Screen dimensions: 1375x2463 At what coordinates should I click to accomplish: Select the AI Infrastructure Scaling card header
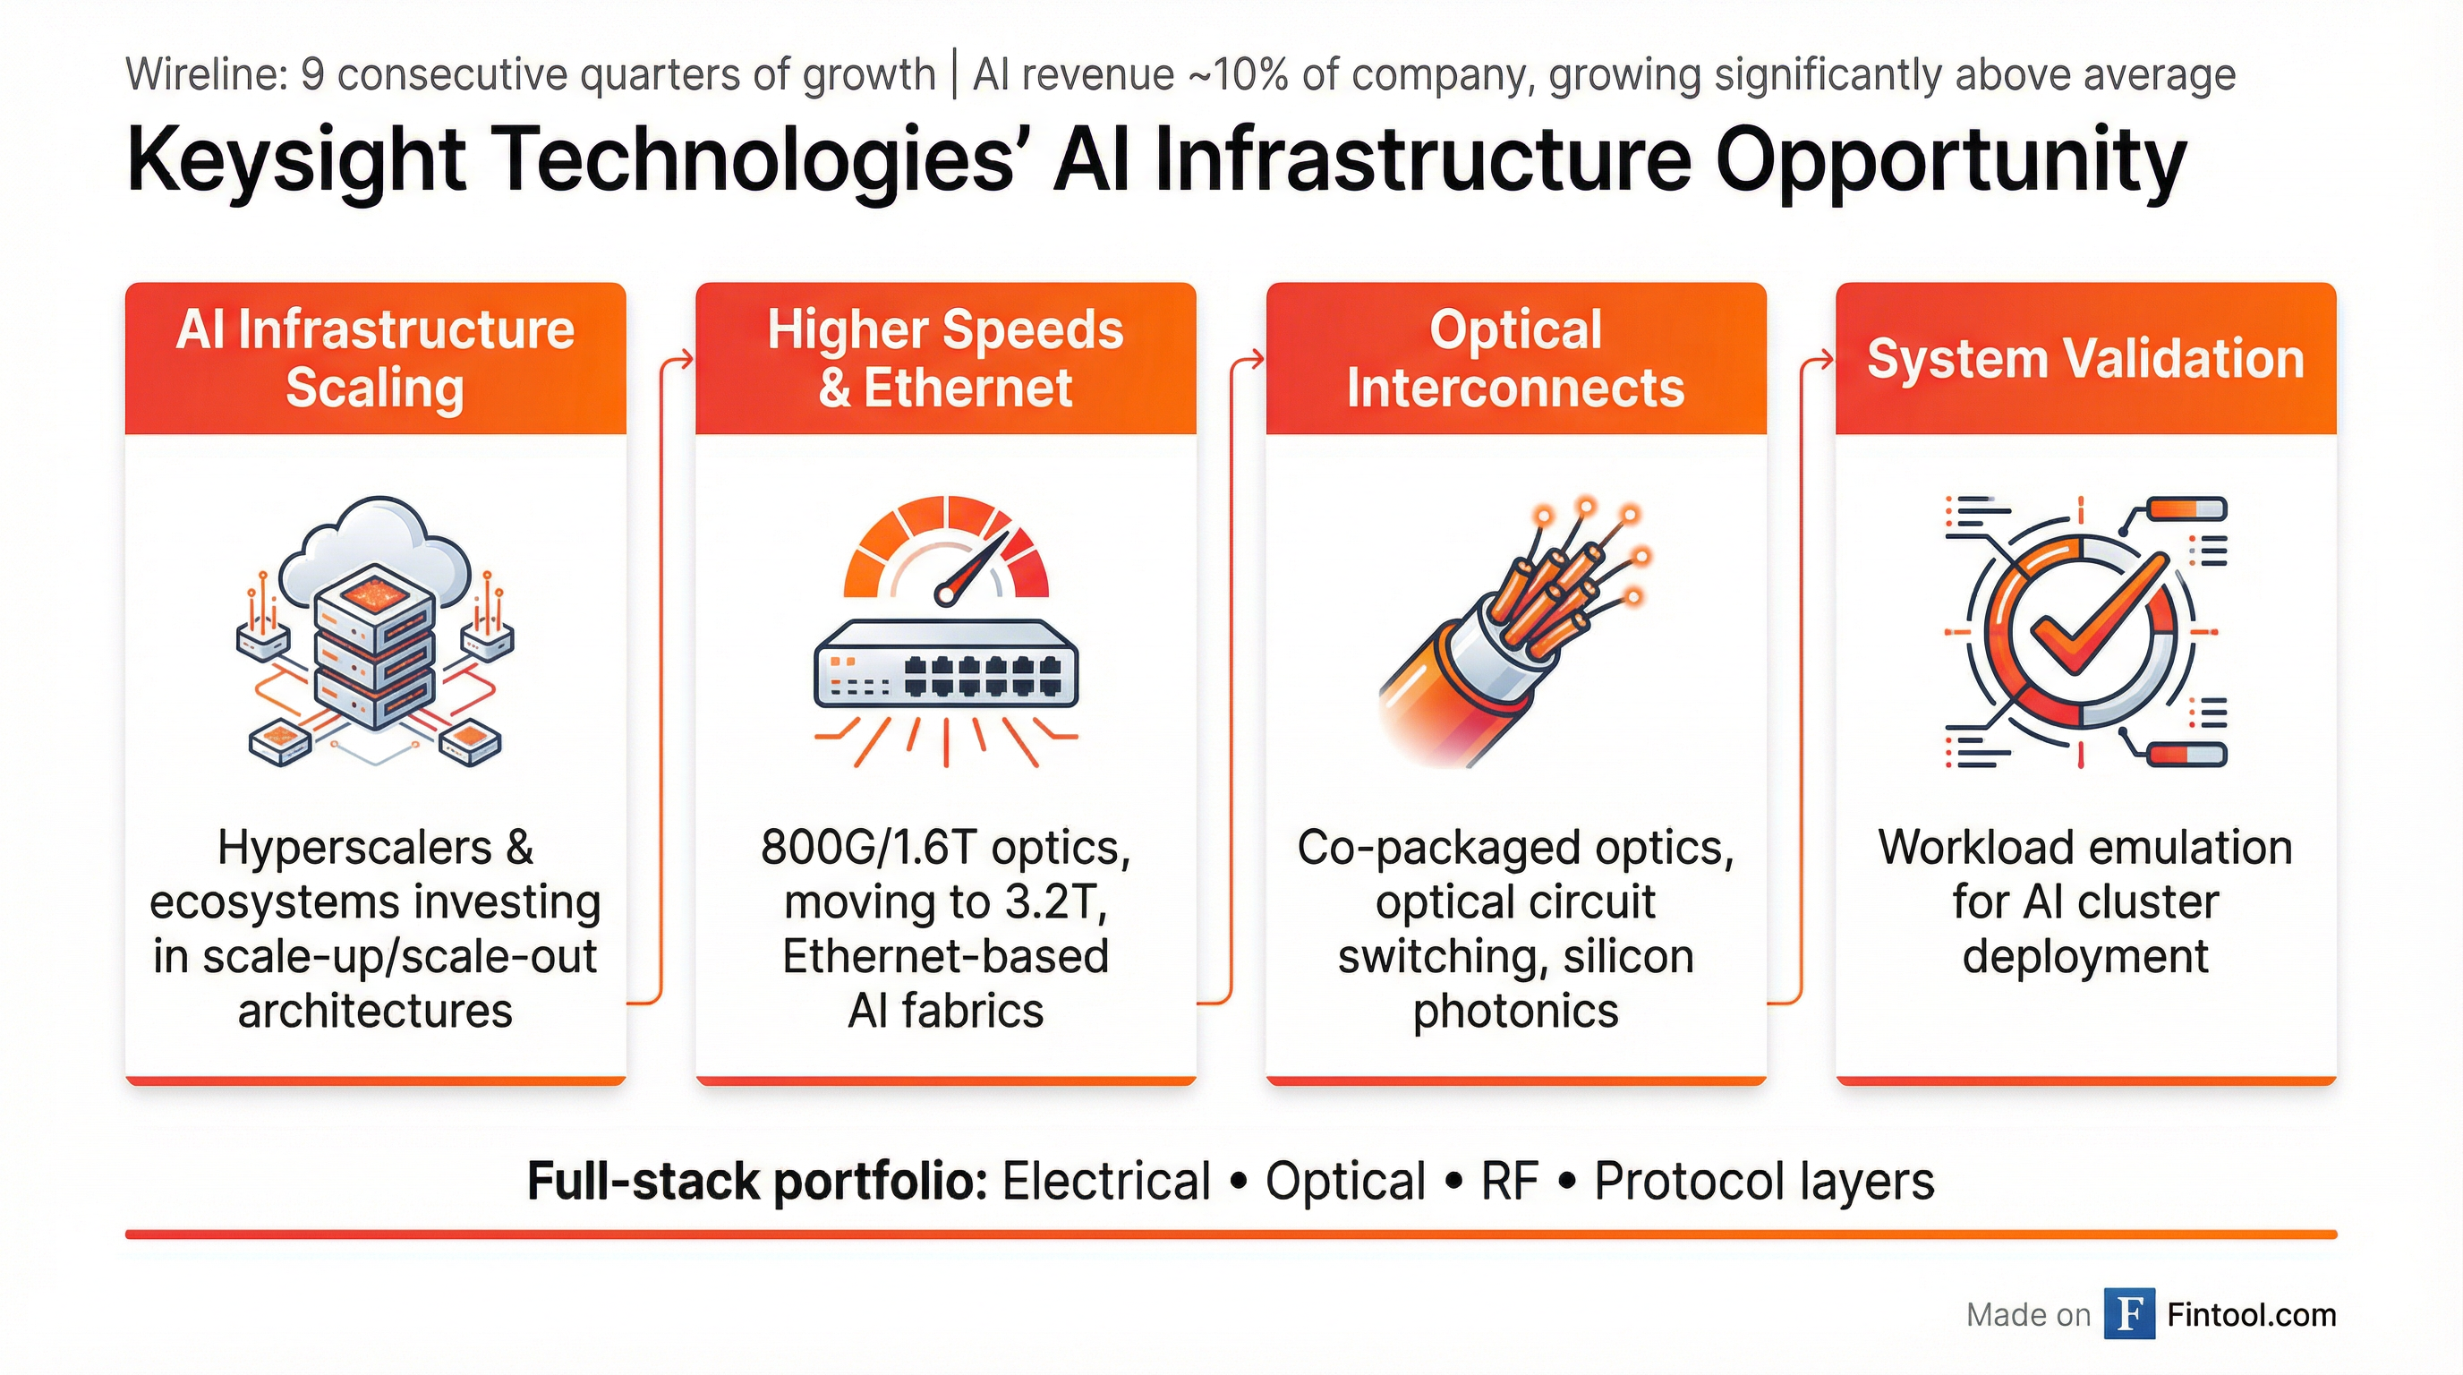(x=375, y=359)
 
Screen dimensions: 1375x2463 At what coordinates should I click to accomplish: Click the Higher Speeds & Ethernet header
(x=946, y=359)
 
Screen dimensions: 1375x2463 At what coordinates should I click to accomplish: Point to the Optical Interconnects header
(x=1515, y=359)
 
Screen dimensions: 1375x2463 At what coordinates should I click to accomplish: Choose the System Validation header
(x=2085, y=359)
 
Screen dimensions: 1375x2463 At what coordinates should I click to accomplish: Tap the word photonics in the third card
(x=1515, y=1011)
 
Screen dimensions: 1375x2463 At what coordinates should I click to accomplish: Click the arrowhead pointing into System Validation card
(x=1828, y=361)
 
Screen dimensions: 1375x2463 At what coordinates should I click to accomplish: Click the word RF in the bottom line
(x=1510, y=1181)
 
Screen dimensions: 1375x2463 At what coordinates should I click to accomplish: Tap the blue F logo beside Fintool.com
(x=2129, y=1315)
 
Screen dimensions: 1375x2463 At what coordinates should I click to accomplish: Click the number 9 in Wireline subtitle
(x=312, y=74)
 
